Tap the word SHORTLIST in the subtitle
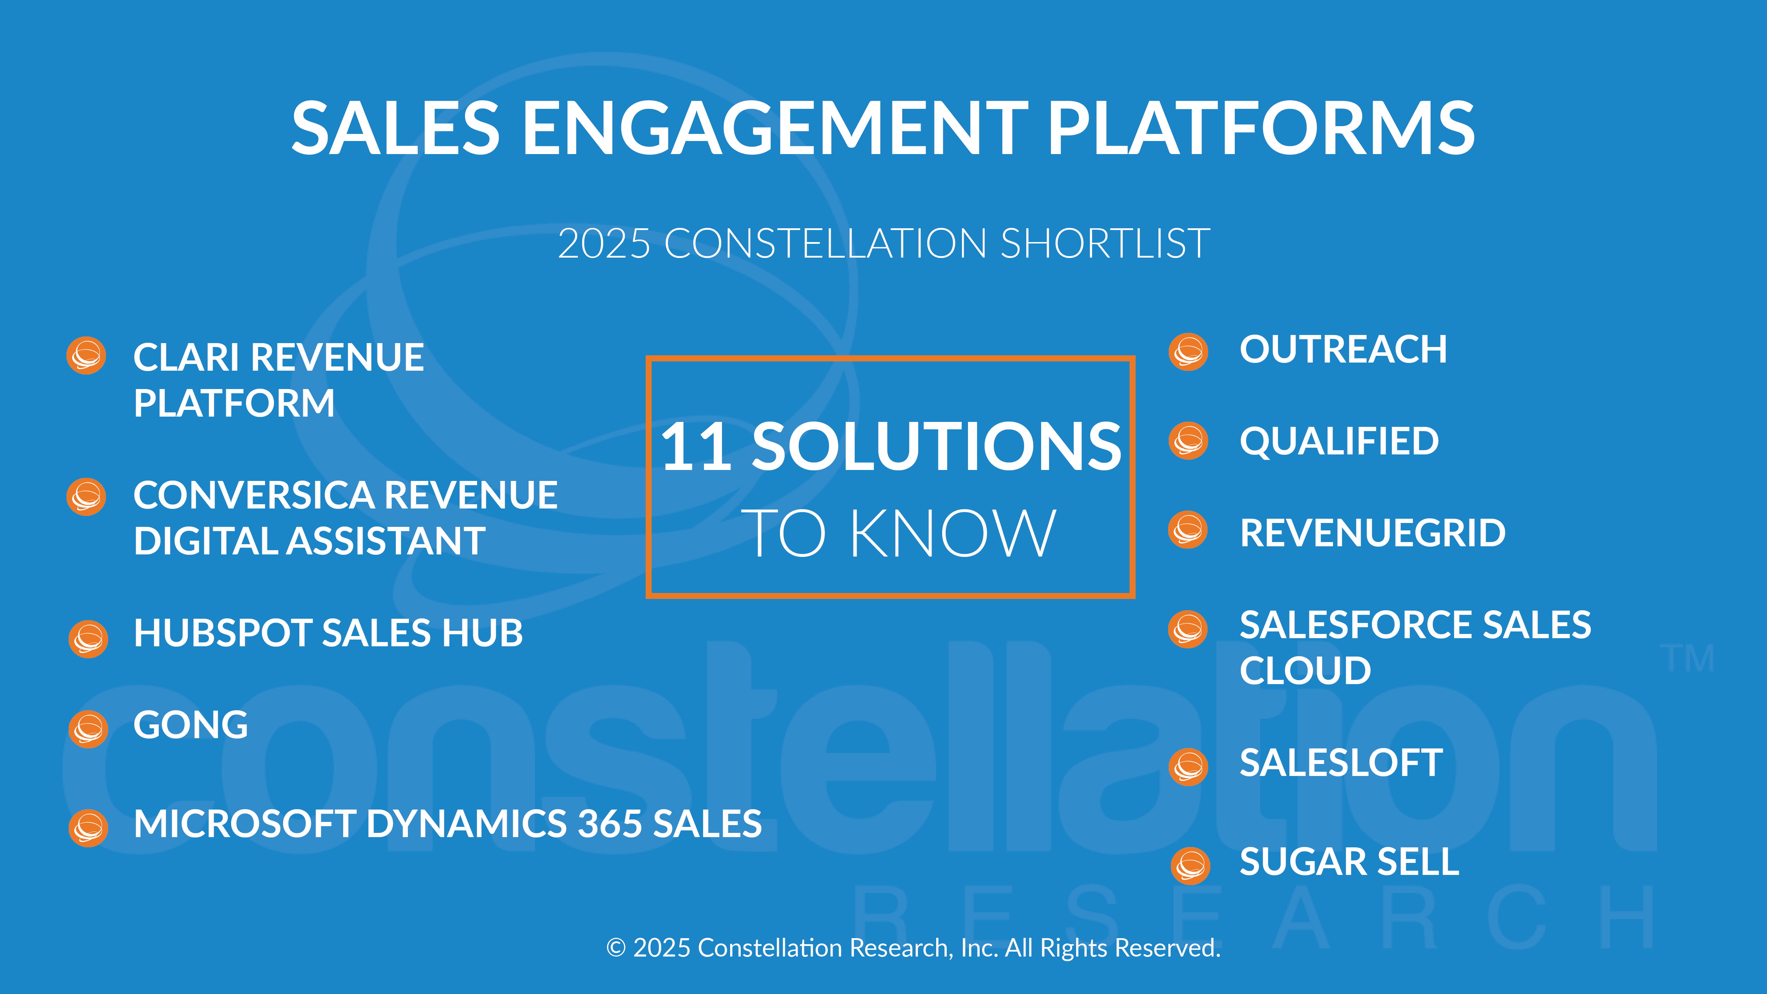pos(1105,243)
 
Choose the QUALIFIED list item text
pos(1339,441)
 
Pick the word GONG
pos(191,725)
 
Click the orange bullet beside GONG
pos(88,729)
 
